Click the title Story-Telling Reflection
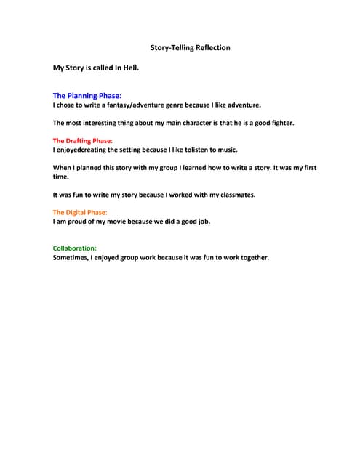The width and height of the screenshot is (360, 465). tap(190, 48)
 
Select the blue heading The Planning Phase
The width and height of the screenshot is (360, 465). tap(87, 95)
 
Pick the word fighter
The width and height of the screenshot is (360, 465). tap(279, 123)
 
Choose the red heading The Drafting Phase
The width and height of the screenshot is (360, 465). tap(83, 140)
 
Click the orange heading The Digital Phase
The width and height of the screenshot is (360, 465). tap(80, 212)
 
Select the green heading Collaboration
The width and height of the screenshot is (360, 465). tap(75, 248)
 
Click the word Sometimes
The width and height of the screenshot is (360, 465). tap(71, 257)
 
